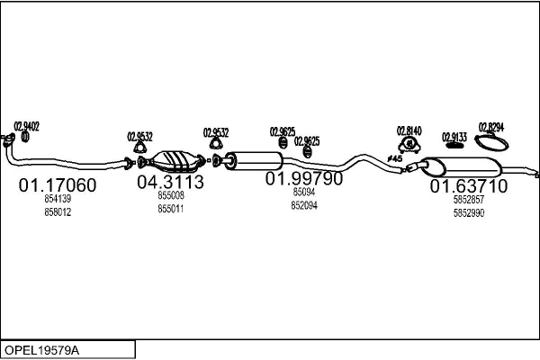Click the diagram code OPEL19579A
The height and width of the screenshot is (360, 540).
click(40, 349)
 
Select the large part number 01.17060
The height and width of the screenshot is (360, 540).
click(58, 185)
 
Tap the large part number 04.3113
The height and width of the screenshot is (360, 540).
click(170, 182)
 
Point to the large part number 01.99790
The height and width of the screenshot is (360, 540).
click(303, 178)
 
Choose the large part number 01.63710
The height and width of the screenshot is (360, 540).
click(468, 186)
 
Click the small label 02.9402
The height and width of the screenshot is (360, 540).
click(26, 127)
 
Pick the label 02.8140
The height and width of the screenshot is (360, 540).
click(409, 130)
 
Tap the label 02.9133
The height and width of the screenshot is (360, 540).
click(454, 137)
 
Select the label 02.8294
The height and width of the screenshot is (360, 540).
click(491, 127)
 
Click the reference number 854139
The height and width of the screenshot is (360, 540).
click(58, 199)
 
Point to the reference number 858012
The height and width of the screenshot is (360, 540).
click(58, 211)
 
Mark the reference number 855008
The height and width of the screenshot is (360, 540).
click(170, 195)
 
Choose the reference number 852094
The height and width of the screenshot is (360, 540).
click(303, 205)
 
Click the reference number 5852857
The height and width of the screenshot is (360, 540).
click(468, 200)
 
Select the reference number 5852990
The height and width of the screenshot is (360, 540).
click(468, 213)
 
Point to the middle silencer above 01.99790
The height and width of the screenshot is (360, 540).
click(256, 161)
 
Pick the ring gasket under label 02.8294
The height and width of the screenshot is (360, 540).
click(491, 142)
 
